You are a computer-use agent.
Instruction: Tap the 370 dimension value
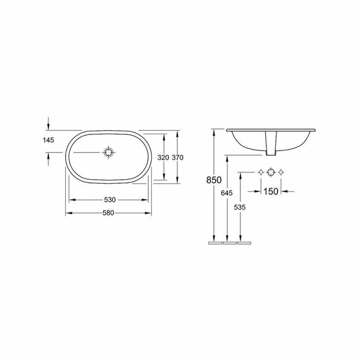(x=177, y=158)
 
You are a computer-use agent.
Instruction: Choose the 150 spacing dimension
(x=271, y=192)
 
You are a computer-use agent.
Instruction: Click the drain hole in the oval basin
(x=108, y=153)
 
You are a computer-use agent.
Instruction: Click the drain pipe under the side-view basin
(x=272, y=152)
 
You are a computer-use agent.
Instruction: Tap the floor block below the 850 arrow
(x=214, y=244)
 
